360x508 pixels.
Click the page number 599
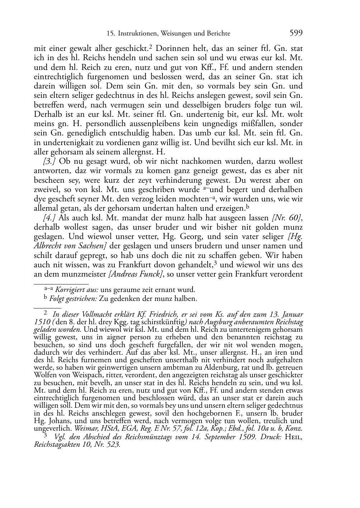pyautogui.click(x=296, y=33)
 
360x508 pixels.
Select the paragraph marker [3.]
pyautogui.click(x=49, y=161)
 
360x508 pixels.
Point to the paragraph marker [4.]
pyautogui.click(x=49, y=217)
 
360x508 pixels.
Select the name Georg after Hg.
pyautogui.click(x=208, y=236)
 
